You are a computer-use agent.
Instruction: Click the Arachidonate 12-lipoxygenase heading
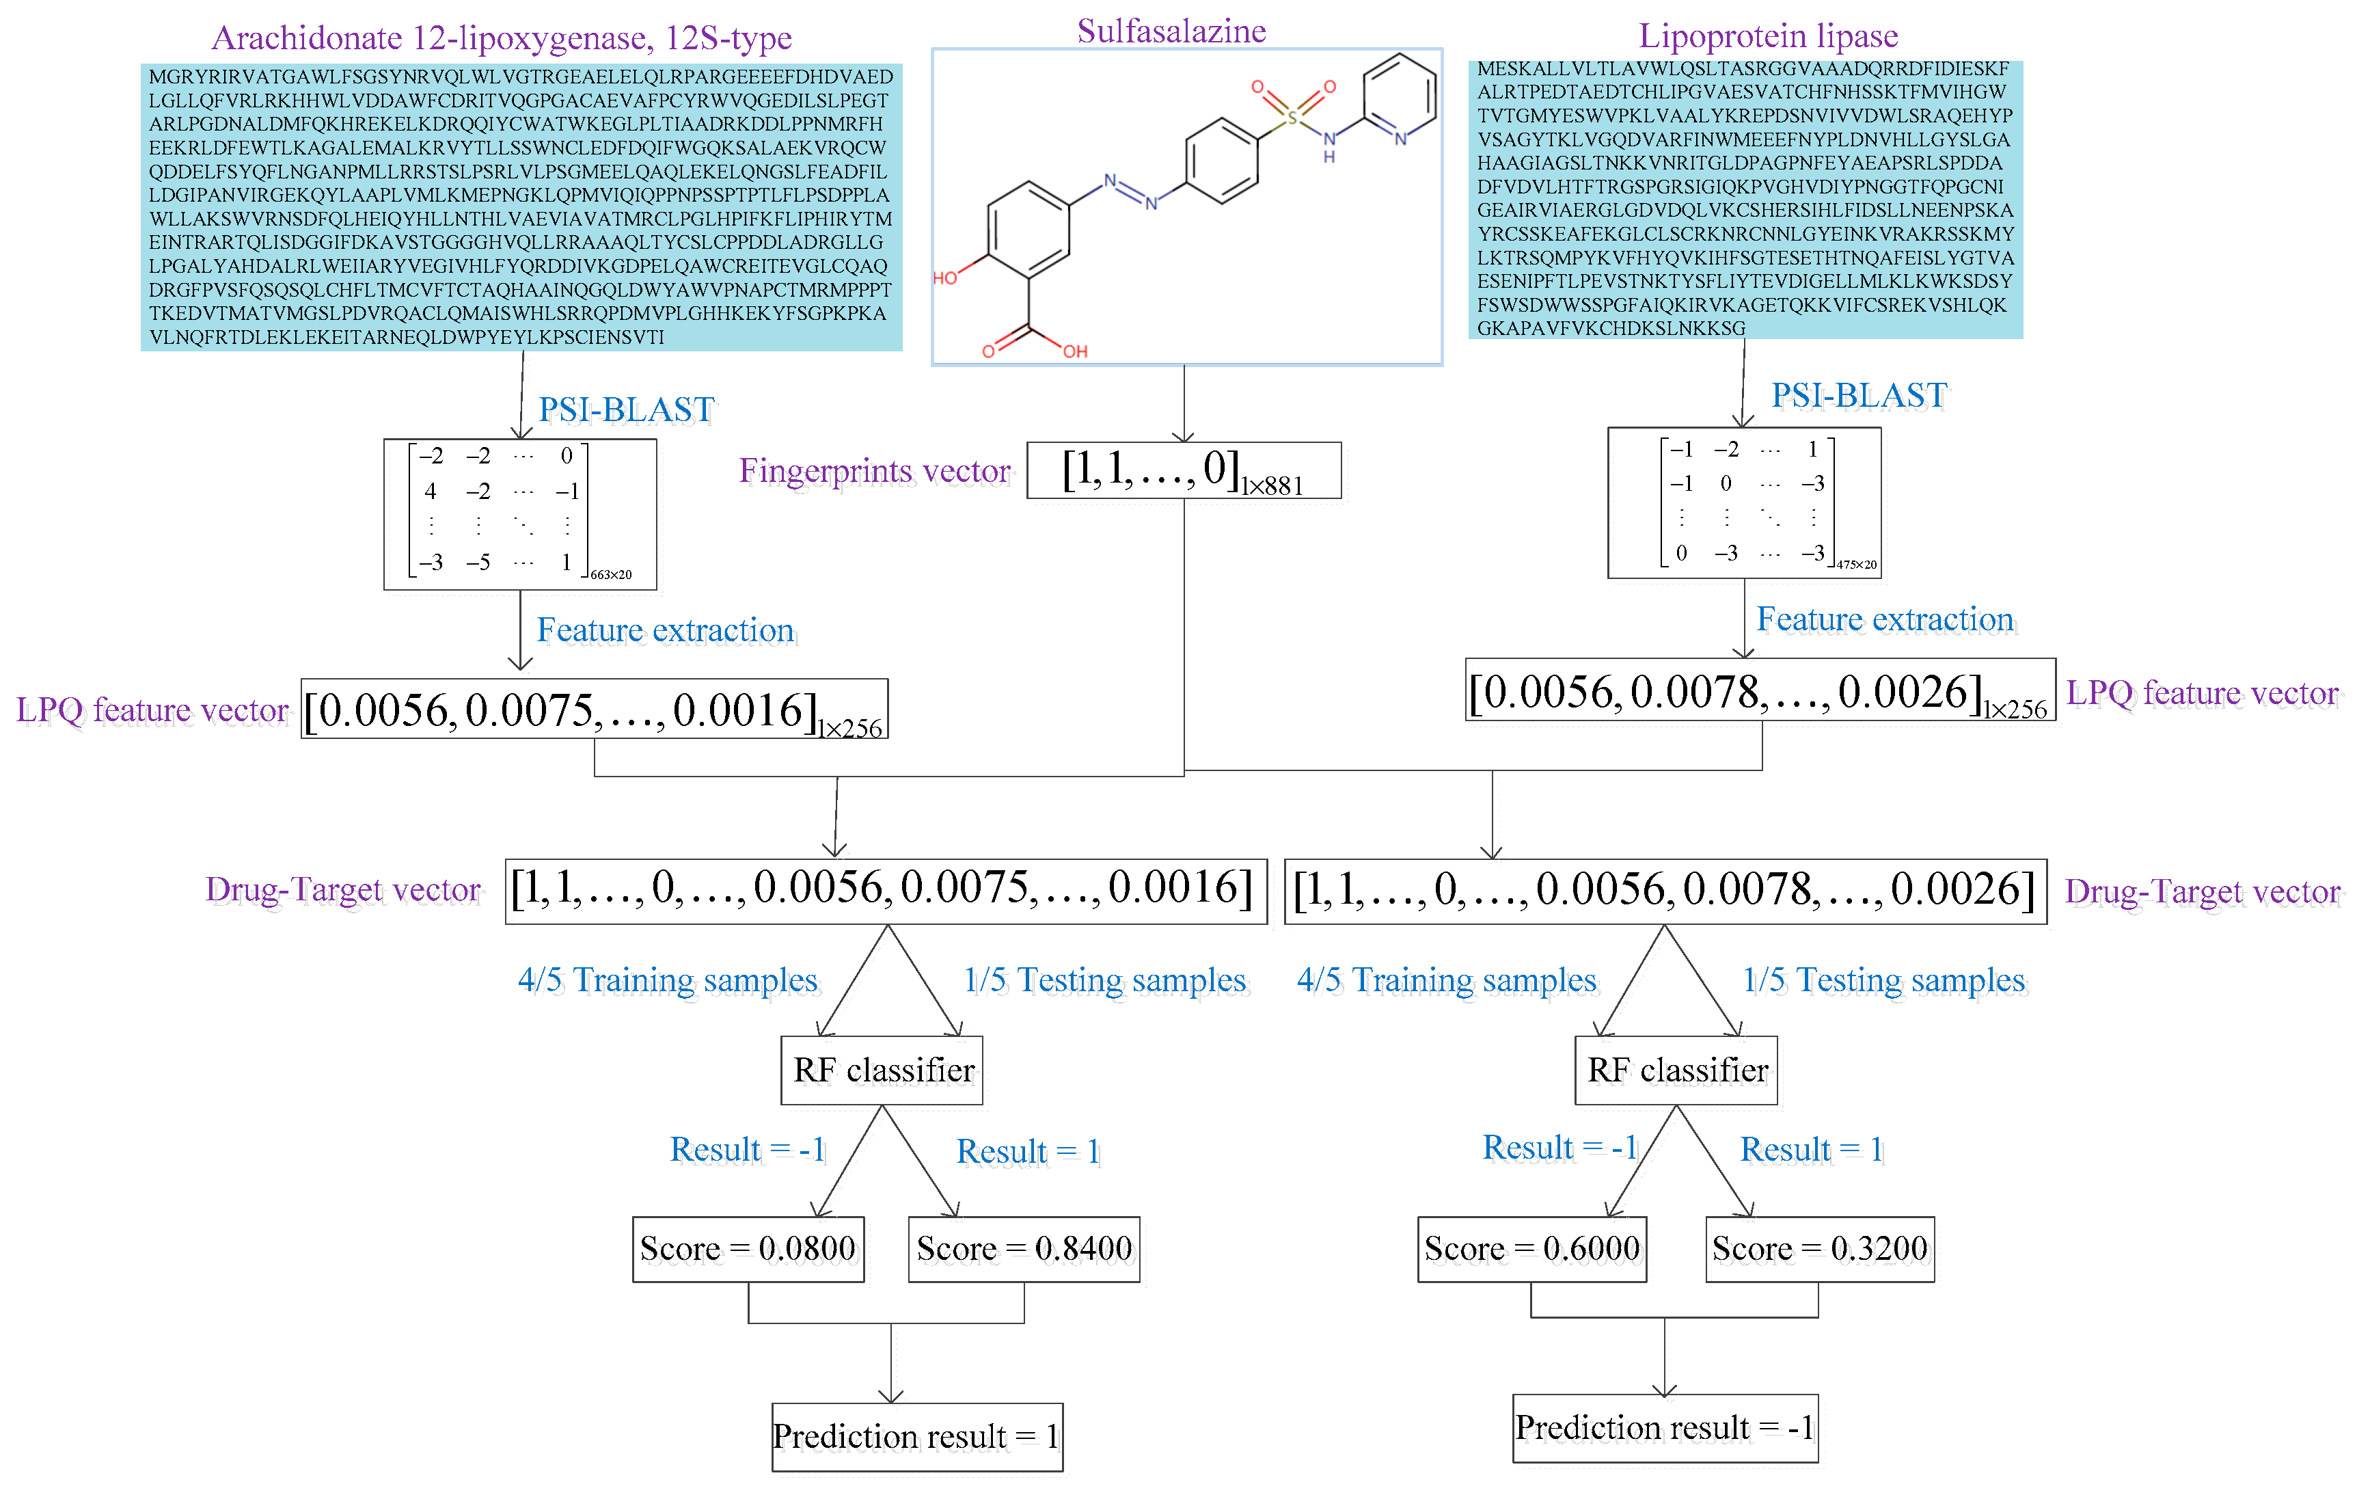(x=501, y=37)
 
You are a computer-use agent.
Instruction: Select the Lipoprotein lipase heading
(x=1768, y=36)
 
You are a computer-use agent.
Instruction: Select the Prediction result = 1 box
(x=916, y=1436)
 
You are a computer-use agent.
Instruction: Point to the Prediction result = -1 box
(x=1664, y=1427)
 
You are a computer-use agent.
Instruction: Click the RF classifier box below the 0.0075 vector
(x=883, y=1070)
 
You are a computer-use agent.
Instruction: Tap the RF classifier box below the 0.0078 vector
(x=1677, y=1070)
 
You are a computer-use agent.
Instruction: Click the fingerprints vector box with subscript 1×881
(x=1184, y=471)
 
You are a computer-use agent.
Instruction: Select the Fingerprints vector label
(x=874, y=471)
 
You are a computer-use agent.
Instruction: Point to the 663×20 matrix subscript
(x=611, y=575)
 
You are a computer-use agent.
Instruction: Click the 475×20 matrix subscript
(x=1856, y=565)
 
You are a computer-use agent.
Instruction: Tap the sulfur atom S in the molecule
(x=1292, y=118)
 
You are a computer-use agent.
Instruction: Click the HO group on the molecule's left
(x=944, y=278)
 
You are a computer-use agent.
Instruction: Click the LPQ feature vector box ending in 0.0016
(x=594, y=710)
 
